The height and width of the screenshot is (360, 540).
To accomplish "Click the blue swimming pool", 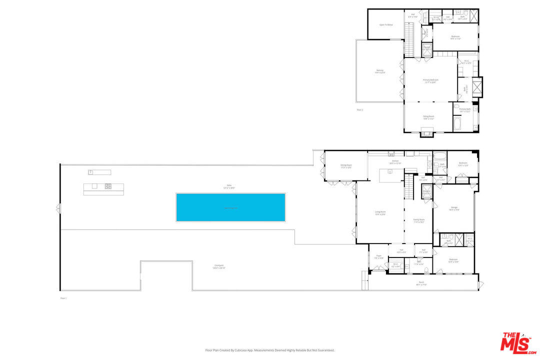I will coord(230,207).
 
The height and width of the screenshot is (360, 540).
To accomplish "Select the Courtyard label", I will coord(218,265).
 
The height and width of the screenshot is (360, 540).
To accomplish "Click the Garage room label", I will coord(453,207).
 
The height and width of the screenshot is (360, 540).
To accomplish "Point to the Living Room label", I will coord(380,212).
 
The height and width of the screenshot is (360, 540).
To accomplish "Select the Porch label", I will coord(421,282).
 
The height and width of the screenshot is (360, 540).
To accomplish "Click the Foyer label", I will coord(378,255).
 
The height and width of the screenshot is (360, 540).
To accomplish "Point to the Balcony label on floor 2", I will coord(380,70).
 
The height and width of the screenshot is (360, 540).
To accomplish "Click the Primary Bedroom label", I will coord(430,80).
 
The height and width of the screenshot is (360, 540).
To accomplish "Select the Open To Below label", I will coord(385,24).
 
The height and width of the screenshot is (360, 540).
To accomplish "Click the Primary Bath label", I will coord(465,109).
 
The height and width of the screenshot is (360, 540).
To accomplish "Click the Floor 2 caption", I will coord(359,109).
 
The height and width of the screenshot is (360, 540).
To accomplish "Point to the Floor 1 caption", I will coord(63,298).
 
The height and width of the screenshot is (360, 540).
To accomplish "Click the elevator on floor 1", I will coord(426,192).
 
